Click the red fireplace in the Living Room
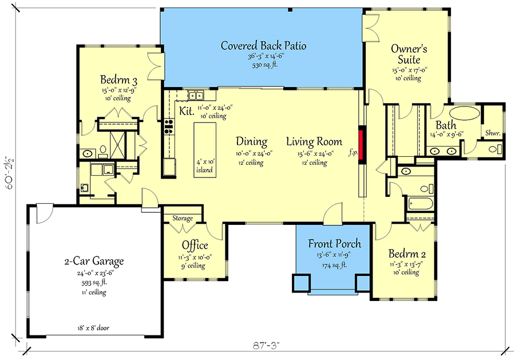point(362,145)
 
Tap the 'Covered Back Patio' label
point(263,45)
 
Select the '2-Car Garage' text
point(94,261)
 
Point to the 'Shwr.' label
point(493,133)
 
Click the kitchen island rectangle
point(205,150)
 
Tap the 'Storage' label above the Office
point(183,218)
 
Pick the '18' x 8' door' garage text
point(94,328)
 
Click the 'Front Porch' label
point(334,243)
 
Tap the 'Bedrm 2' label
point(407,254)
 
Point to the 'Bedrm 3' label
point(118,80)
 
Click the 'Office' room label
point(195,245)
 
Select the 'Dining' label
point(252,141)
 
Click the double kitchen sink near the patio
point(196,95)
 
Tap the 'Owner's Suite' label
point(409,54)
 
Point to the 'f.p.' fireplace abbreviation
point(353,153)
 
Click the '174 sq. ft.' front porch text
point(334,265)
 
